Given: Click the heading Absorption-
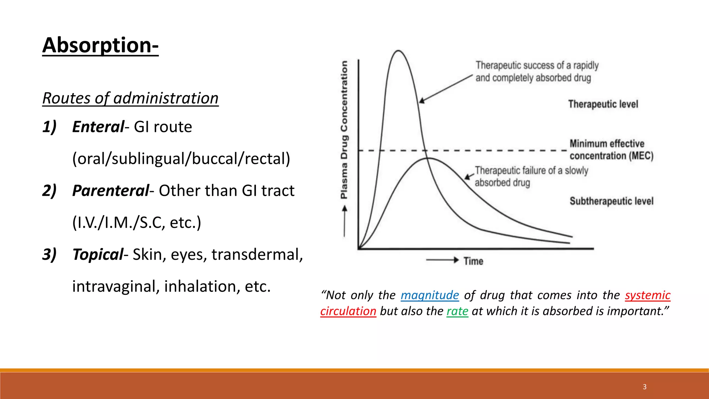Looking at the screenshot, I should pyautogui.click(x=100, y=45).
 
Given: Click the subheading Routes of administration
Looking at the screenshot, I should pyautogui.click(x=130, y=98).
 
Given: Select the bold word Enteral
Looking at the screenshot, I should pyautogui.click(x=98, y=127).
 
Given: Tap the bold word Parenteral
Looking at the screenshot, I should pyautogui.click(x=110, y=190).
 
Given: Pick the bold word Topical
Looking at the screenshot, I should pyautogui.click(x=98, y=254).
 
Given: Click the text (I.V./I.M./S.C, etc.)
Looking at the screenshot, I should pyautogui.click(x=136, y=222).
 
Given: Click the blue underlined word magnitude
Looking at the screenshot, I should pyautogui.click(x=430, y=295).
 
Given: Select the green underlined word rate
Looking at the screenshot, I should pyautogui.click(x=457, y=311).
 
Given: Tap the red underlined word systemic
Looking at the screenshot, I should pyautogui.click(x=647, y=295).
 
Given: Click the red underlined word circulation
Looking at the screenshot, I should pyautogui.click(x=348, y=311).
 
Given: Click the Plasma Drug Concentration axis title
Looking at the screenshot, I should pyautogui.click(x=344, y=130).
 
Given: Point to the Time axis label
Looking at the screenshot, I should pyautogui.click(x=473, y=261).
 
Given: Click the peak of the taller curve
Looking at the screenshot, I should pyautogui.click(x=398, y=51).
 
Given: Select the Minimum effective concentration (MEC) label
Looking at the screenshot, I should pyautogui.click(x=611, y=150).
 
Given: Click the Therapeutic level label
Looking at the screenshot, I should pyautogui.click(x=603, y=104).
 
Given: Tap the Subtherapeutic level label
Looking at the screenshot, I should pyautogui.click(x=611, y=201).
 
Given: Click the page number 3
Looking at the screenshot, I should pyautogui.click(x=644, y=387).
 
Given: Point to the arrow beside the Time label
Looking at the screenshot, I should pyautogui.click(x=442, y=260).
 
